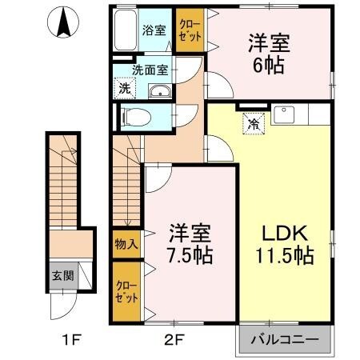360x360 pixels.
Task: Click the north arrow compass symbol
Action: point(63,23)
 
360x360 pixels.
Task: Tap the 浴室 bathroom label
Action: point(154,31)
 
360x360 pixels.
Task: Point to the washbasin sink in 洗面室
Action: point(161,90)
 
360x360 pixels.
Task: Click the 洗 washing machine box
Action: point(126,88)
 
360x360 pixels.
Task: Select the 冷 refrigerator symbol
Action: point(252,124)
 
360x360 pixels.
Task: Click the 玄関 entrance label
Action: point(61,275)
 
